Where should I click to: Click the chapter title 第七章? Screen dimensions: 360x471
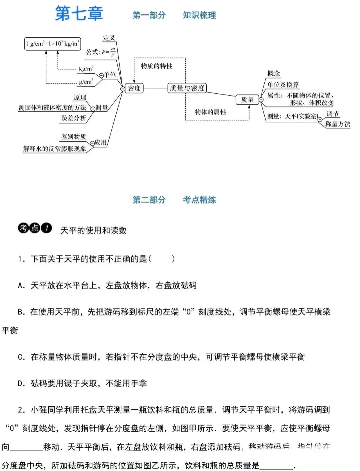79,14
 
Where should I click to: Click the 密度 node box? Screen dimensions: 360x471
134,88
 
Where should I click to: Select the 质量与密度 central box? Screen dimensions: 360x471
187,88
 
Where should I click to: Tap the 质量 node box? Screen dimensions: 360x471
247,100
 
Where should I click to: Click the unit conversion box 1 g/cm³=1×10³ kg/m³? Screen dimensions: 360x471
52,44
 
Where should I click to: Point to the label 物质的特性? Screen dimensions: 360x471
157,66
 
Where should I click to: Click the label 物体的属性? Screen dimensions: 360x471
210,112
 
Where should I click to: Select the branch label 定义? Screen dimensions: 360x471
109,38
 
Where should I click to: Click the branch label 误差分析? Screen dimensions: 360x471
73,118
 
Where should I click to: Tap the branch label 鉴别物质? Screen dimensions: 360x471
73,137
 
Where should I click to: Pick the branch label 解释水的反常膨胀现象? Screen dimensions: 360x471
54,149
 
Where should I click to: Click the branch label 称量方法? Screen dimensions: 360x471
338,124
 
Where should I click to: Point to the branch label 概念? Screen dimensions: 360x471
274,73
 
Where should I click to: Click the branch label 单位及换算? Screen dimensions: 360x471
283,85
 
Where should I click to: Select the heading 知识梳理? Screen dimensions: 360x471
199,15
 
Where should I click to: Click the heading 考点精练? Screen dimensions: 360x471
199,200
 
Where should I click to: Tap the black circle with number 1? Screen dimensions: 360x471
47,228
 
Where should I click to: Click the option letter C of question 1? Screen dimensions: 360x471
21,357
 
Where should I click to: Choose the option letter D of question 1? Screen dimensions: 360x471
21,384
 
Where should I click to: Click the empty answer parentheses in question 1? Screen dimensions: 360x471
161,259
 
